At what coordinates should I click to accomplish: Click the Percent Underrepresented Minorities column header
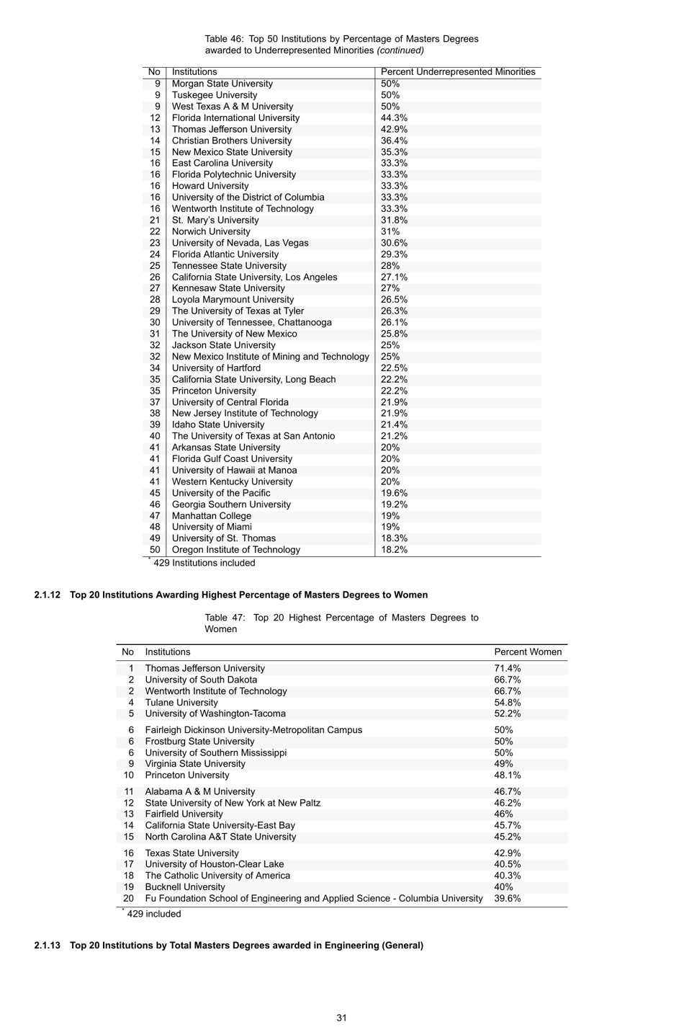click(x=458, y=72)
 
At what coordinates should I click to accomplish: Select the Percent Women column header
click(x=527, y=652)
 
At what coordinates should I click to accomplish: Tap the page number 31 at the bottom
click(x=341, y=1018)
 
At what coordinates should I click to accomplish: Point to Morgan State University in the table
click(x=222, y=84)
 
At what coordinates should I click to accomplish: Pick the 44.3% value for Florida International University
click(x=394, y=117)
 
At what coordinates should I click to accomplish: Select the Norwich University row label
click(x=211, y=231)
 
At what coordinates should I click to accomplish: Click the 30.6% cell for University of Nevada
click(x=394, y=243)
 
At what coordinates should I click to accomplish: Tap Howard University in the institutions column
click(x=210, y=186)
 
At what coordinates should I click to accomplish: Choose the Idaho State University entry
click(x=217, y=424)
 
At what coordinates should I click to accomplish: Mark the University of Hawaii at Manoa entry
click(x=234, y=470)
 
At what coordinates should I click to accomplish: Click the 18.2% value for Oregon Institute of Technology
click(x=394, y=550)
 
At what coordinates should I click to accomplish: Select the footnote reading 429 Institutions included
click(x=204, y=563)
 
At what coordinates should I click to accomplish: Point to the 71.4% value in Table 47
click(x=507, y=668)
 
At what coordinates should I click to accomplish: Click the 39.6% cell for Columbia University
click(x=507, y=899)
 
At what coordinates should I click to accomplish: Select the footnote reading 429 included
click(x=153, y=914)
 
